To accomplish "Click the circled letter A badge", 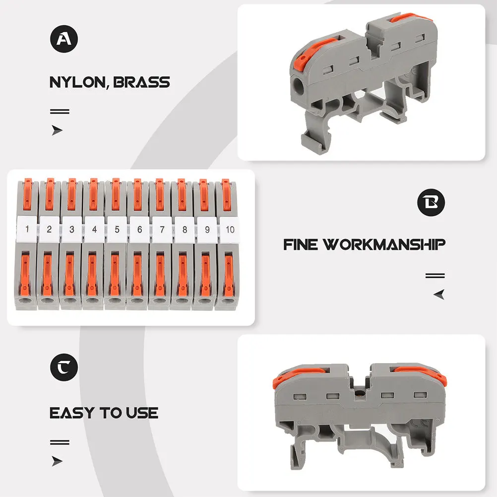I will (x=64, y=39).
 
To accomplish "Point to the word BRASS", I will (x=141, y=82).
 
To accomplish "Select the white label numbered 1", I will (x=27, y=229).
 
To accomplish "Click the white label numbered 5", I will (x=116, y=229).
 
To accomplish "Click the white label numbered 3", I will (x=71, y=229).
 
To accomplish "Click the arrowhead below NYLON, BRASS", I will (x=58, y=130).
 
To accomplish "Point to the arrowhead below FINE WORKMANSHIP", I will (x=439, y=295).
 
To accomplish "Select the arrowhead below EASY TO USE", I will (x=58, y=461).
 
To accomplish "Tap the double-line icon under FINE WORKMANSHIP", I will (x=435, y=276).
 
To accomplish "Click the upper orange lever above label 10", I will (x=226, y=195).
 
